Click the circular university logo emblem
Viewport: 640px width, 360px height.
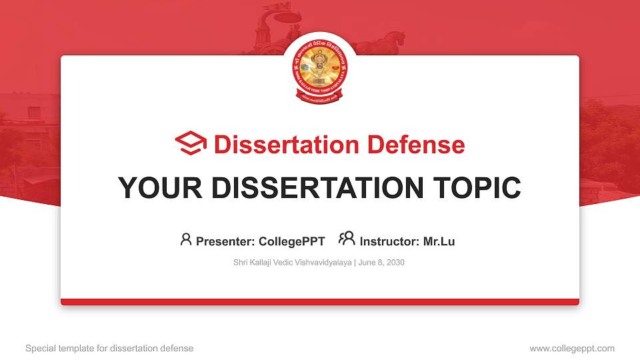pos(320,69)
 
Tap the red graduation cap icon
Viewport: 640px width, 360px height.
pos(191,143)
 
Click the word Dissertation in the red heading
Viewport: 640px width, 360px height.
pos(278,145)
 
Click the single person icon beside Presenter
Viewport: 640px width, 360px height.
pos(186,239)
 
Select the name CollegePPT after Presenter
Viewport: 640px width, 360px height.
pos(292,241)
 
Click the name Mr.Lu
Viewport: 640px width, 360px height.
pos(439,241)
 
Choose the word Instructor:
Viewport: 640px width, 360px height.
pos(389,241)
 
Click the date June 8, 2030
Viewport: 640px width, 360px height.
pos(381,263)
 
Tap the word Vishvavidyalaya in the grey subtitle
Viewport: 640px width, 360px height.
pos(323,263)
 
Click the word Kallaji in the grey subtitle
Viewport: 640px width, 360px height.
pos(261,263)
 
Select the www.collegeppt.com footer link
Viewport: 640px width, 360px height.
pos(572,348)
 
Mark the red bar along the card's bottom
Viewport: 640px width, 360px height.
pos(320,302)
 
